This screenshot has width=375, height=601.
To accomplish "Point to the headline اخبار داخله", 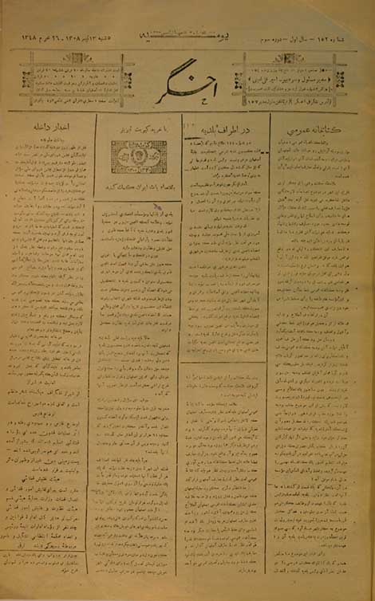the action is (x=49, y=126).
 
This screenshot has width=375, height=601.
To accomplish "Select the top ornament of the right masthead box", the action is (x=289, y=57).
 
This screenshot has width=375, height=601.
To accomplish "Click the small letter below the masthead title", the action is (x=189, y=100).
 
